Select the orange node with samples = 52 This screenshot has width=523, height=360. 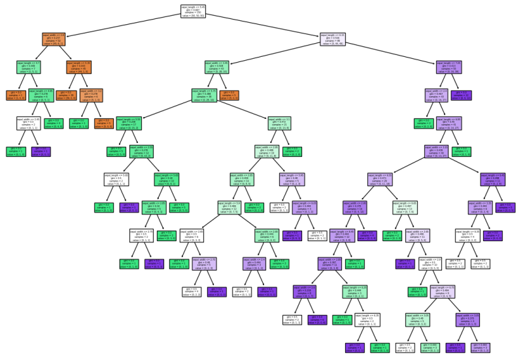tap(54, 39)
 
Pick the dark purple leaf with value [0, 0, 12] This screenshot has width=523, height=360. tap(462, 95)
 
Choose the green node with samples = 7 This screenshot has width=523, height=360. tap(29, 67)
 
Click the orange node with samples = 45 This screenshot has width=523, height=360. tap(79, 67)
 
